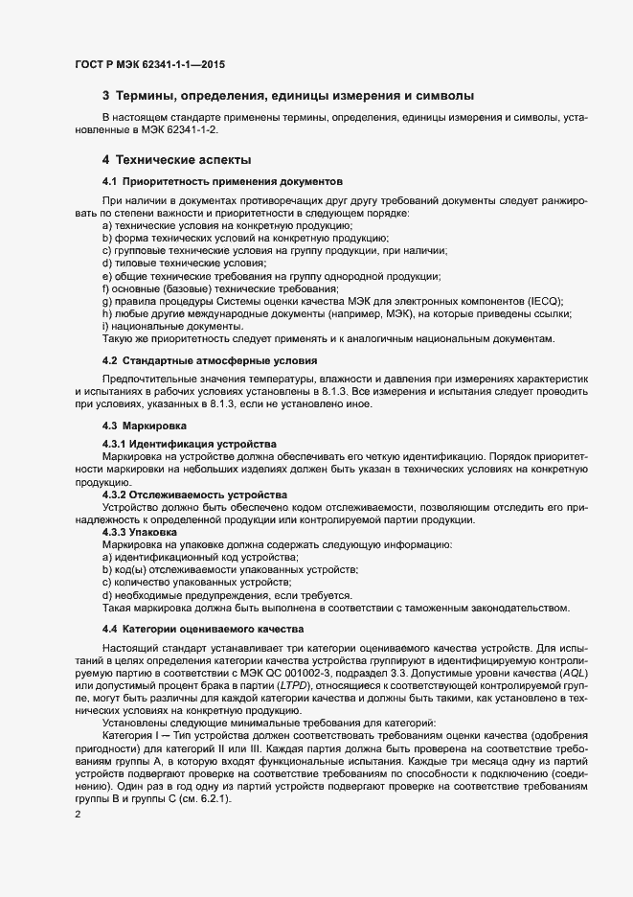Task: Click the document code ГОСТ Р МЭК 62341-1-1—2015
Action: tap(150, 64)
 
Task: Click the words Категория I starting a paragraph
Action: tap(133, 735)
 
